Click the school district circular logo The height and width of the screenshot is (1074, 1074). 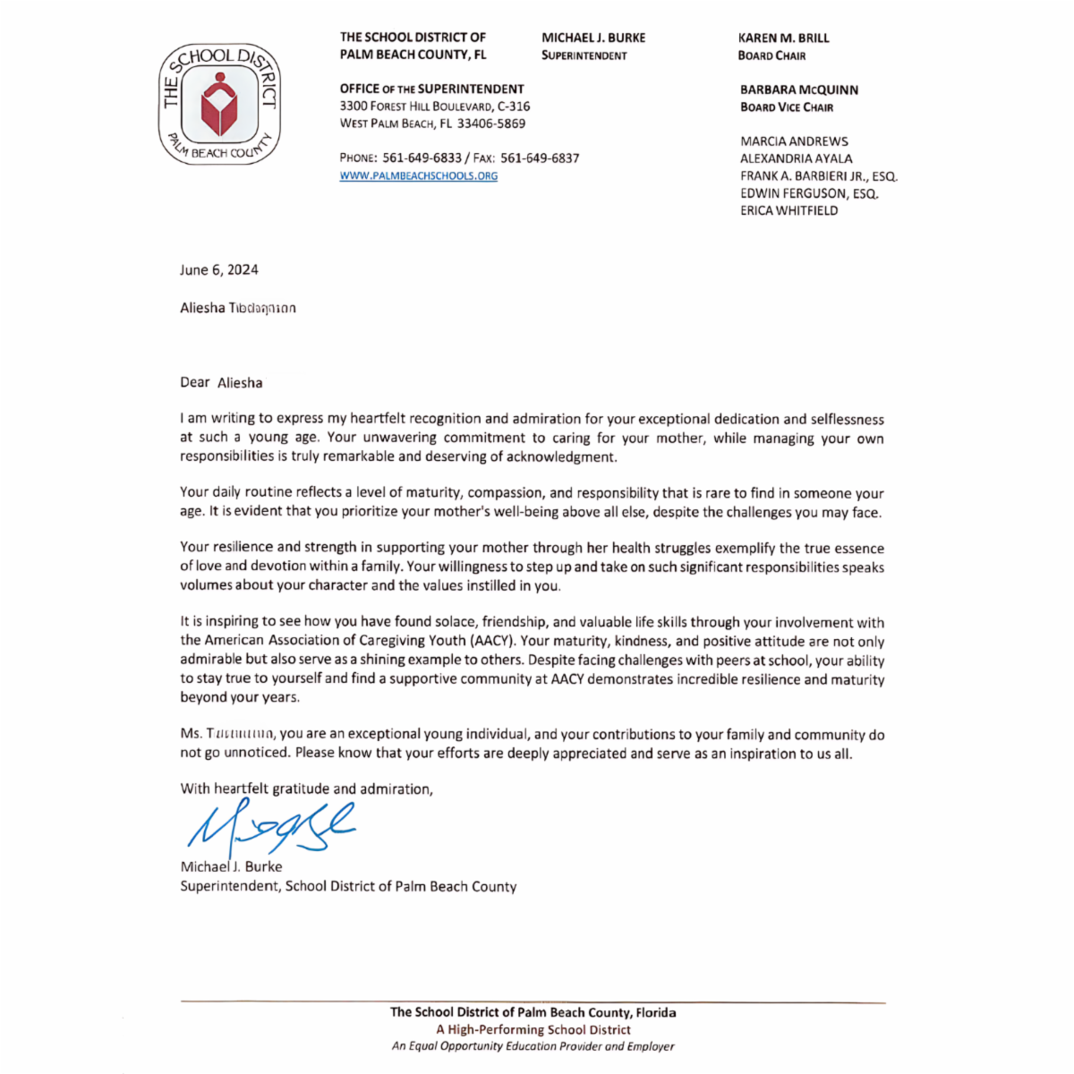[219, 105]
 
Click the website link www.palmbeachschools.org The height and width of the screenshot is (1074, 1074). [418, 175]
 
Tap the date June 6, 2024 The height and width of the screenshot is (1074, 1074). [219, 269]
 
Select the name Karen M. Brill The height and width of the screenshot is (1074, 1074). [783, 38]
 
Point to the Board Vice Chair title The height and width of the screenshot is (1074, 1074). [786, 107]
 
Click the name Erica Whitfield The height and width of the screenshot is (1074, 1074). [788, 210]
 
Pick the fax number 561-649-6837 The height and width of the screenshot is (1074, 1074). [540, 158]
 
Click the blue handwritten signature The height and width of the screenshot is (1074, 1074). [268, 828]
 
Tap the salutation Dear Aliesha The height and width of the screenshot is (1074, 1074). [221, 383]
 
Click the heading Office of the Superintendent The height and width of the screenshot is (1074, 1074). [431, 89]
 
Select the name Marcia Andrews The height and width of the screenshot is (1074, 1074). [794, 141]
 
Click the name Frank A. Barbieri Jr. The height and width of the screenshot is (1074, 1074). [818, 176]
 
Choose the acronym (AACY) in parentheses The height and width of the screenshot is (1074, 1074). [491, 641]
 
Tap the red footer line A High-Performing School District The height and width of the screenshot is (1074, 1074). [533, 1029]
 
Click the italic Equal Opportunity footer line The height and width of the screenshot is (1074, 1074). [533, 1046]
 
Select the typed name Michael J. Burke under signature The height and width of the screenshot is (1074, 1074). [231, 866]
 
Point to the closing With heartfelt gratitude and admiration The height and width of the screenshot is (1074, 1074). [306, 788]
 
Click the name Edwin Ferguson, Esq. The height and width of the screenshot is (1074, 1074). [808, 193]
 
